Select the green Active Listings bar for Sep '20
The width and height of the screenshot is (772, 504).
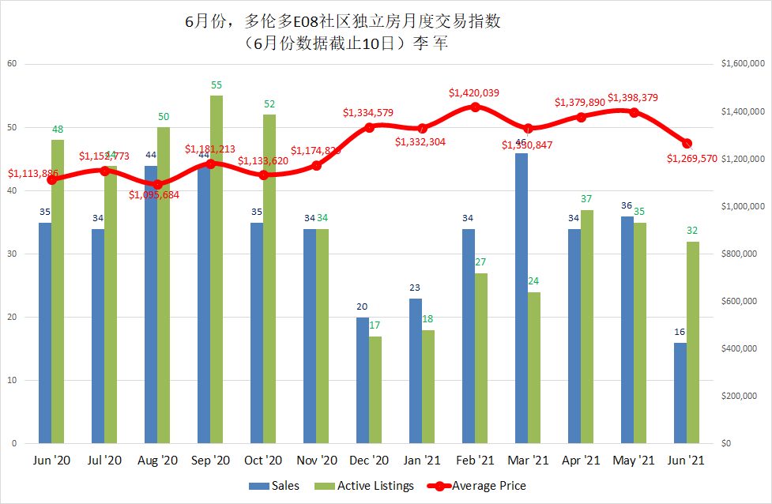tap(217, 269)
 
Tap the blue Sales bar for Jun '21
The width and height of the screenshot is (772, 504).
tap(680, 393)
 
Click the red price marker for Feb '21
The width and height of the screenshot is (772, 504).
tap(475, 107)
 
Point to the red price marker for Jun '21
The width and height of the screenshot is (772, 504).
tap(687, 143)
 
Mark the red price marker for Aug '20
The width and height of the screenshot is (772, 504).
tap(157, 184)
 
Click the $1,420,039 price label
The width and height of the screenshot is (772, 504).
tap(474, 93)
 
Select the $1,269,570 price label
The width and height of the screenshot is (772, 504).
tap(691, 158)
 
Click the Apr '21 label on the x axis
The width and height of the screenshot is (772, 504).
tap(581, 460)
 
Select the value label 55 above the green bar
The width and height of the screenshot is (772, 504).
tap(217, 85)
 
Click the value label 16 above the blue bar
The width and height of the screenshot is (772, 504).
tap(680, 333)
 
